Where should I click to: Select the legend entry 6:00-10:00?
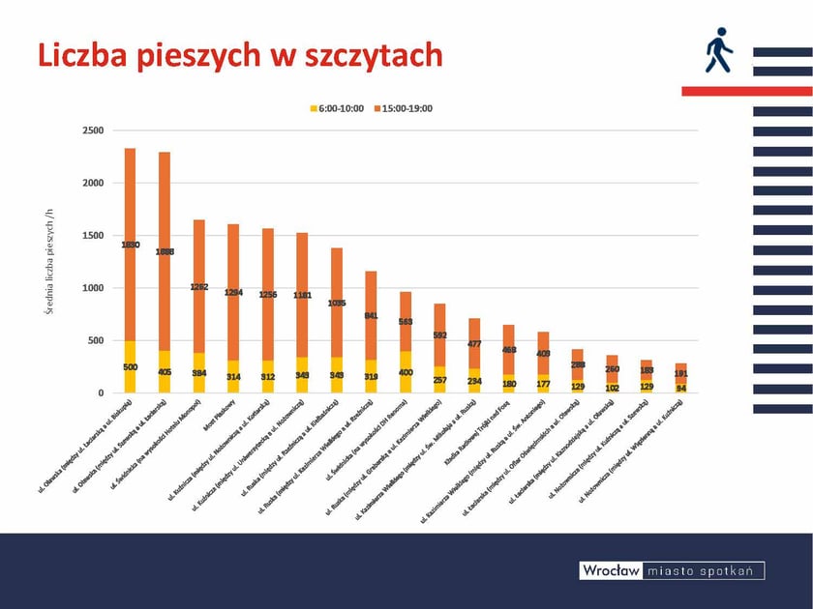(x=336, y=108)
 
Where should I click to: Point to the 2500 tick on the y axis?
(x=94, y=130)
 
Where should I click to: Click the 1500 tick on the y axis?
(x=94, y=235)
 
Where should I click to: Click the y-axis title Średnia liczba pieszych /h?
(x=51, y=261)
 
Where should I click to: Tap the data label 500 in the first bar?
(x=131, y=367)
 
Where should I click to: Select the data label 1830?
(x=131, y=245)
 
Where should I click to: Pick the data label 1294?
(x=233, y=292)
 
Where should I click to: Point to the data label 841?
(x=371, y=315)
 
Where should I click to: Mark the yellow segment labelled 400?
(x=406, y=372)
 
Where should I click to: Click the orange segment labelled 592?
(x=439, y=334)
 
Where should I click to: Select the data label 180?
(x=508, y=384)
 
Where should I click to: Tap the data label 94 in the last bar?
(x=680, y=389)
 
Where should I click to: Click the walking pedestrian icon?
(x=717, y=51)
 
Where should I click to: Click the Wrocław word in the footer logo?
(x=610, y=571)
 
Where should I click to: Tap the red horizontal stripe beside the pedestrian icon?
(x=745, y=91)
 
